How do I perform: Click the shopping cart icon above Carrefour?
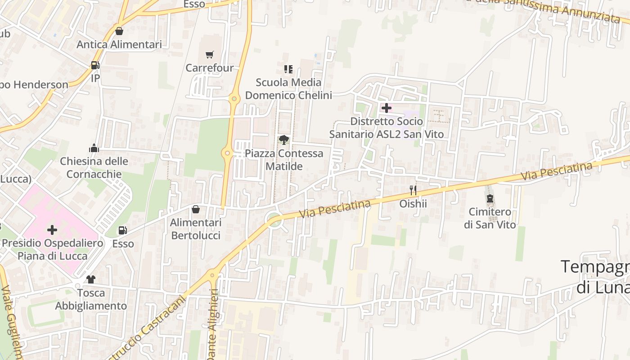209,55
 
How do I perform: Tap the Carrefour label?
210,68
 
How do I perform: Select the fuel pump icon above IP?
95,65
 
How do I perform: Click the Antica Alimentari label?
119,45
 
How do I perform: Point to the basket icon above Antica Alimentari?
119,31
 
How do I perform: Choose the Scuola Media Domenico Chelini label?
288,89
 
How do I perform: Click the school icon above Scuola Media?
288,69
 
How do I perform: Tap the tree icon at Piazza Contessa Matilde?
283,140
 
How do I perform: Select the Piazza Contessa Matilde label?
284,160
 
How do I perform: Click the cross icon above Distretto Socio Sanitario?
386,108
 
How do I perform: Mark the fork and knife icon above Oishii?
413,190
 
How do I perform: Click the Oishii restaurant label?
413,204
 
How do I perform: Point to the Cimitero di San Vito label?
490,218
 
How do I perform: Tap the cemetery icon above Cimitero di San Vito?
490,198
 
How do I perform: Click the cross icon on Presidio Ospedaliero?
52,230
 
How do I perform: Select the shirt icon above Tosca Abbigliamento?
91,279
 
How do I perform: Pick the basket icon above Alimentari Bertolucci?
196,209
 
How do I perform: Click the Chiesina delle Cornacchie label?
94,167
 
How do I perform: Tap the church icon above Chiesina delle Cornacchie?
94,148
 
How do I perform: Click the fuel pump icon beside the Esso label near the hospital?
122,230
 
